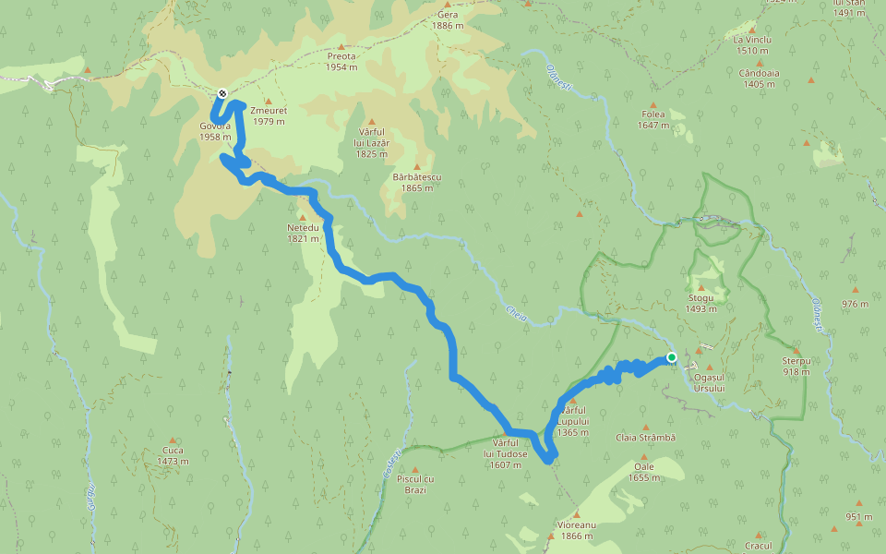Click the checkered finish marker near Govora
[222, 93]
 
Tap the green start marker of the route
[672, 357]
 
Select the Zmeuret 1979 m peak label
[269, 115]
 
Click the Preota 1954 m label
[341, 61]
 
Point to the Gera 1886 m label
[448, 19]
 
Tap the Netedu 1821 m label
[303, 232]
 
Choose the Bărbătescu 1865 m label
[416, 182]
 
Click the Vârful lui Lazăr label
[372, 143]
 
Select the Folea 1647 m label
[653, 119]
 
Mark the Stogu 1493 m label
[700, 304]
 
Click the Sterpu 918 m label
[795, 366]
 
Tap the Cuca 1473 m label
[172, 455]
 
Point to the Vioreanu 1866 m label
[577, 530]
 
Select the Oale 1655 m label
[643, 472]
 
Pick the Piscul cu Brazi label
[414, 484]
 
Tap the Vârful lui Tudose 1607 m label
[507, 459]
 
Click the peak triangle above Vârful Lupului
[572, 400]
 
